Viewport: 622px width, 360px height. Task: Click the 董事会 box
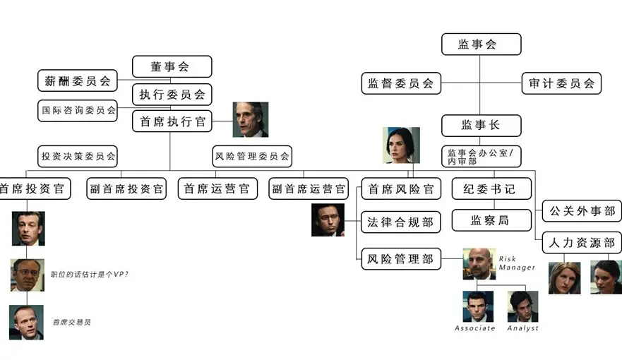(172, 66)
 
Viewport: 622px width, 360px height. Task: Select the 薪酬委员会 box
(77, 80)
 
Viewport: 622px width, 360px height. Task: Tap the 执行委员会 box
(172, 94)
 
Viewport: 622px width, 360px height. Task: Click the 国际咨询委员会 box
(77, 110)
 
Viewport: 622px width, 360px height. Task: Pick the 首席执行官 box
(172, 121)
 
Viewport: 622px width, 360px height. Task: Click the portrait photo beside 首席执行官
(251, 119)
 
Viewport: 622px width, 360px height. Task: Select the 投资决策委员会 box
(77, 156)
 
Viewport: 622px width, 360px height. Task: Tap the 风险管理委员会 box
(251, 156)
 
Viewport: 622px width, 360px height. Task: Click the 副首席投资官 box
(126, 188)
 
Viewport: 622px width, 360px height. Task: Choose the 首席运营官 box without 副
(216, 188)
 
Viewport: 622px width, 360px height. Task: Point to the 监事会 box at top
(481, 44)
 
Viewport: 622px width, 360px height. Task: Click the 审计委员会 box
(561, 83)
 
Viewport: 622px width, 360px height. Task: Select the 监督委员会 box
(400, 83)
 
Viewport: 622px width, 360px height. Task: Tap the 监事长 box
(481, 125)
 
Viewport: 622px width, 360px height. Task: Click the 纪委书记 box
(490, 188)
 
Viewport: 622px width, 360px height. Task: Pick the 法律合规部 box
(400, 222)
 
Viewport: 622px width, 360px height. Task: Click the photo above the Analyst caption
(522, 306)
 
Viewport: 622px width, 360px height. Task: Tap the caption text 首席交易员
(72, 322)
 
